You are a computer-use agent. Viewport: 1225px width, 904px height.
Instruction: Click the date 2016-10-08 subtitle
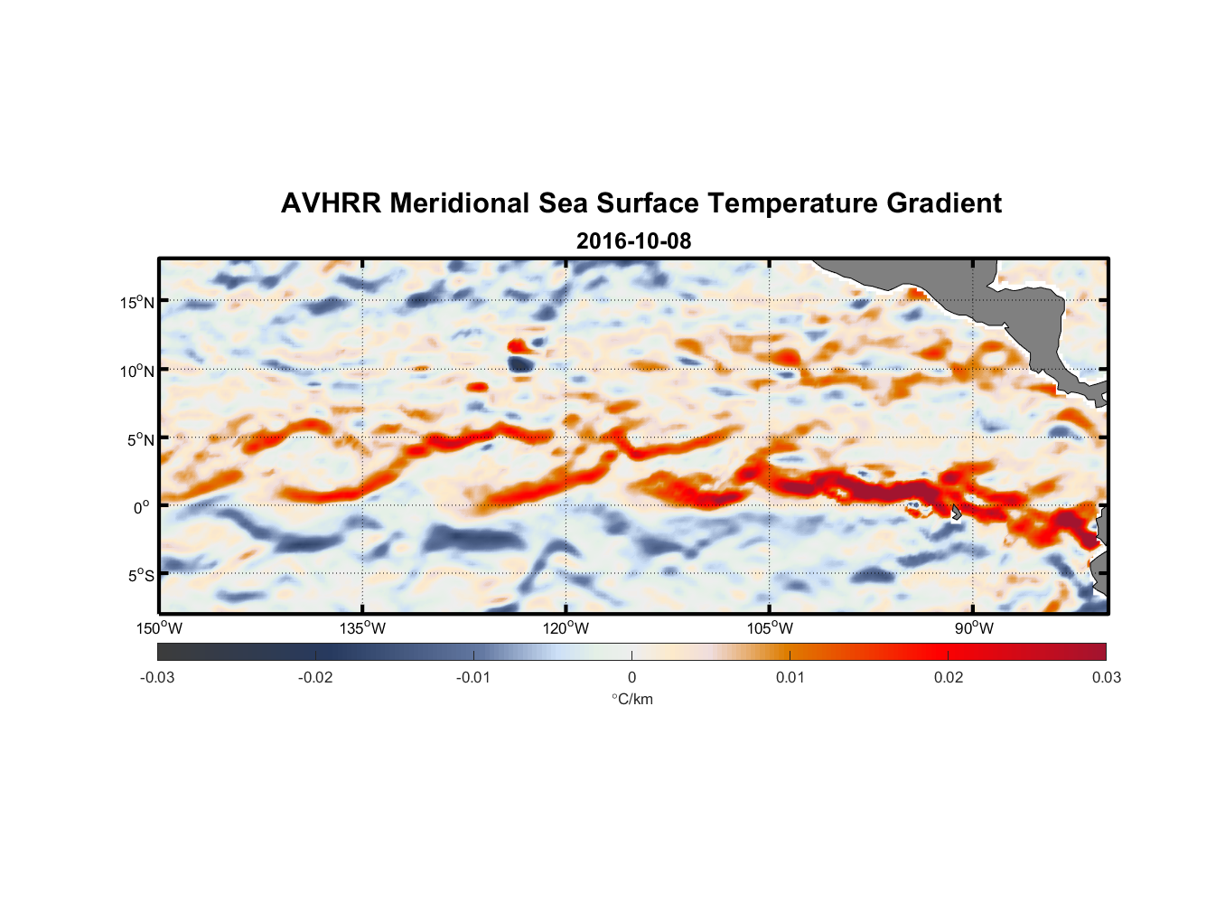click(x=633, y=241)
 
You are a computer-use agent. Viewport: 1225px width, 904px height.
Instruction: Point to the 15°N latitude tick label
click(x=137, y=303)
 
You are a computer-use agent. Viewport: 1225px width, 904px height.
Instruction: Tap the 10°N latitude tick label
click(x=137, y=372)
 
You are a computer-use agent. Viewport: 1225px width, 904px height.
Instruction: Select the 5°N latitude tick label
click(x=140, y=440)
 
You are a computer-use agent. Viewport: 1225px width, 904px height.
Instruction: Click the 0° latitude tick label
click(x=141, y=508)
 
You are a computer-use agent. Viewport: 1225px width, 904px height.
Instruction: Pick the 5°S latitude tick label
click(x=140, y=576)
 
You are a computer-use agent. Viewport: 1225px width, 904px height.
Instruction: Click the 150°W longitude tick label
click(x=159, y=628)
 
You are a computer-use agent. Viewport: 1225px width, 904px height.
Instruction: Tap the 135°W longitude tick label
click(x=363, y=628)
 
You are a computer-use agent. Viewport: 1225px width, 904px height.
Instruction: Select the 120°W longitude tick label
click(x=566, y=628)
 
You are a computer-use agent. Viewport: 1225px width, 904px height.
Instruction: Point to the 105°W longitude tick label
click(x=770, y=628)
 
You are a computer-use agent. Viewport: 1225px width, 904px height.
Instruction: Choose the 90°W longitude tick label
click(x=974, y=628)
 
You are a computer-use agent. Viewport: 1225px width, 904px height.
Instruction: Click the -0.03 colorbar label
click(x=157, y=678)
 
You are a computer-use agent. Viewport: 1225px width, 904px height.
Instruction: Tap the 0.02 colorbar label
click(x=949, y=678)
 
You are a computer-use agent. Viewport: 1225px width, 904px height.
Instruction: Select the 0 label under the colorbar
click(x=631, y=678)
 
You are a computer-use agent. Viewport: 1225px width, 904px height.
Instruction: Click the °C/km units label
click(x=632, y=700)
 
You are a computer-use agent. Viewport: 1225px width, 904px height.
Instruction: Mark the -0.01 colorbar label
click(x=473, y=678)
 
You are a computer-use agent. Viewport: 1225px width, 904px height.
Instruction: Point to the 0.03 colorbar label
click(x=1106, y=678)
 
